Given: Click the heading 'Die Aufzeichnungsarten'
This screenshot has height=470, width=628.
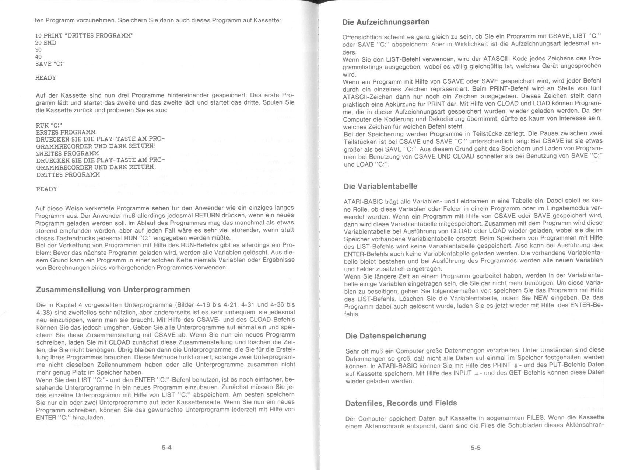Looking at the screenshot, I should click(x=386, y=22).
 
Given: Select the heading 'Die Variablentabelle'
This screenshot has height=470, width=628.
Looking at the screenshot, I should click(x=380, y=186).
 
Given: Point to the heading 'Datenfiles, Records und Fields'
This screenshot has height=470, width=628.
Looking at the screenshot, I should click(x=401, y=403).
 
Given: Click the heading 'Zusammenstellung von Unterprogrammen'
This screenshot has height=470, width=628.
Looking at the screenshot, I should click(x=113, y=289).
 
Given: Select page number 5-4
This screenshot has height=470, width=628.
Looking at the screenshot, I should click(x=167, y=448).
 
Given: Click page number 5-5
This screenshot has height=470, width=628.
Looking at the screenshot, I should click(x=475, y=448).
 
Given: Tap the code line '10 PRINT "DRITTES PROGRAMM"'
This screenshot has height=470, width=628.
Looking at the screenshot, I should click(x=84, y=36).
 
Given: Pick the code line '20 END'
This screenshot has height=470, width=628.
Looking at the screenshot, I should click(x=46, y=43).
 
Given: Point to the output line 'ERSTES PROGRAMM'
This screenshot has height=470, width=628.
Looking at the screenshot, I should click(x=66, y=132).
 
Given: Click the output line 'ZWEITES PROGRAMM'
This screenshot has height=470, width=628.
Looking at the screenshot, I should click(x=67, y=153).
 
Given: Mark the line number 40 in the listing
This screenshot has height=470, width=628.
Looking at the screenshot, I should click(x=38, y=57).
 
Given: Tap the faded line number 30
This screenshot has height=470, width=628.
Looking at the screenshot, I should click(x=38, y=50).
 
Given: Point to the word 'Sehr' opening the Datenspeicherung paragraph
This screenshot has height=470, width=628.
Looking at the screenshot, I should click(x=352, y=351).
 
